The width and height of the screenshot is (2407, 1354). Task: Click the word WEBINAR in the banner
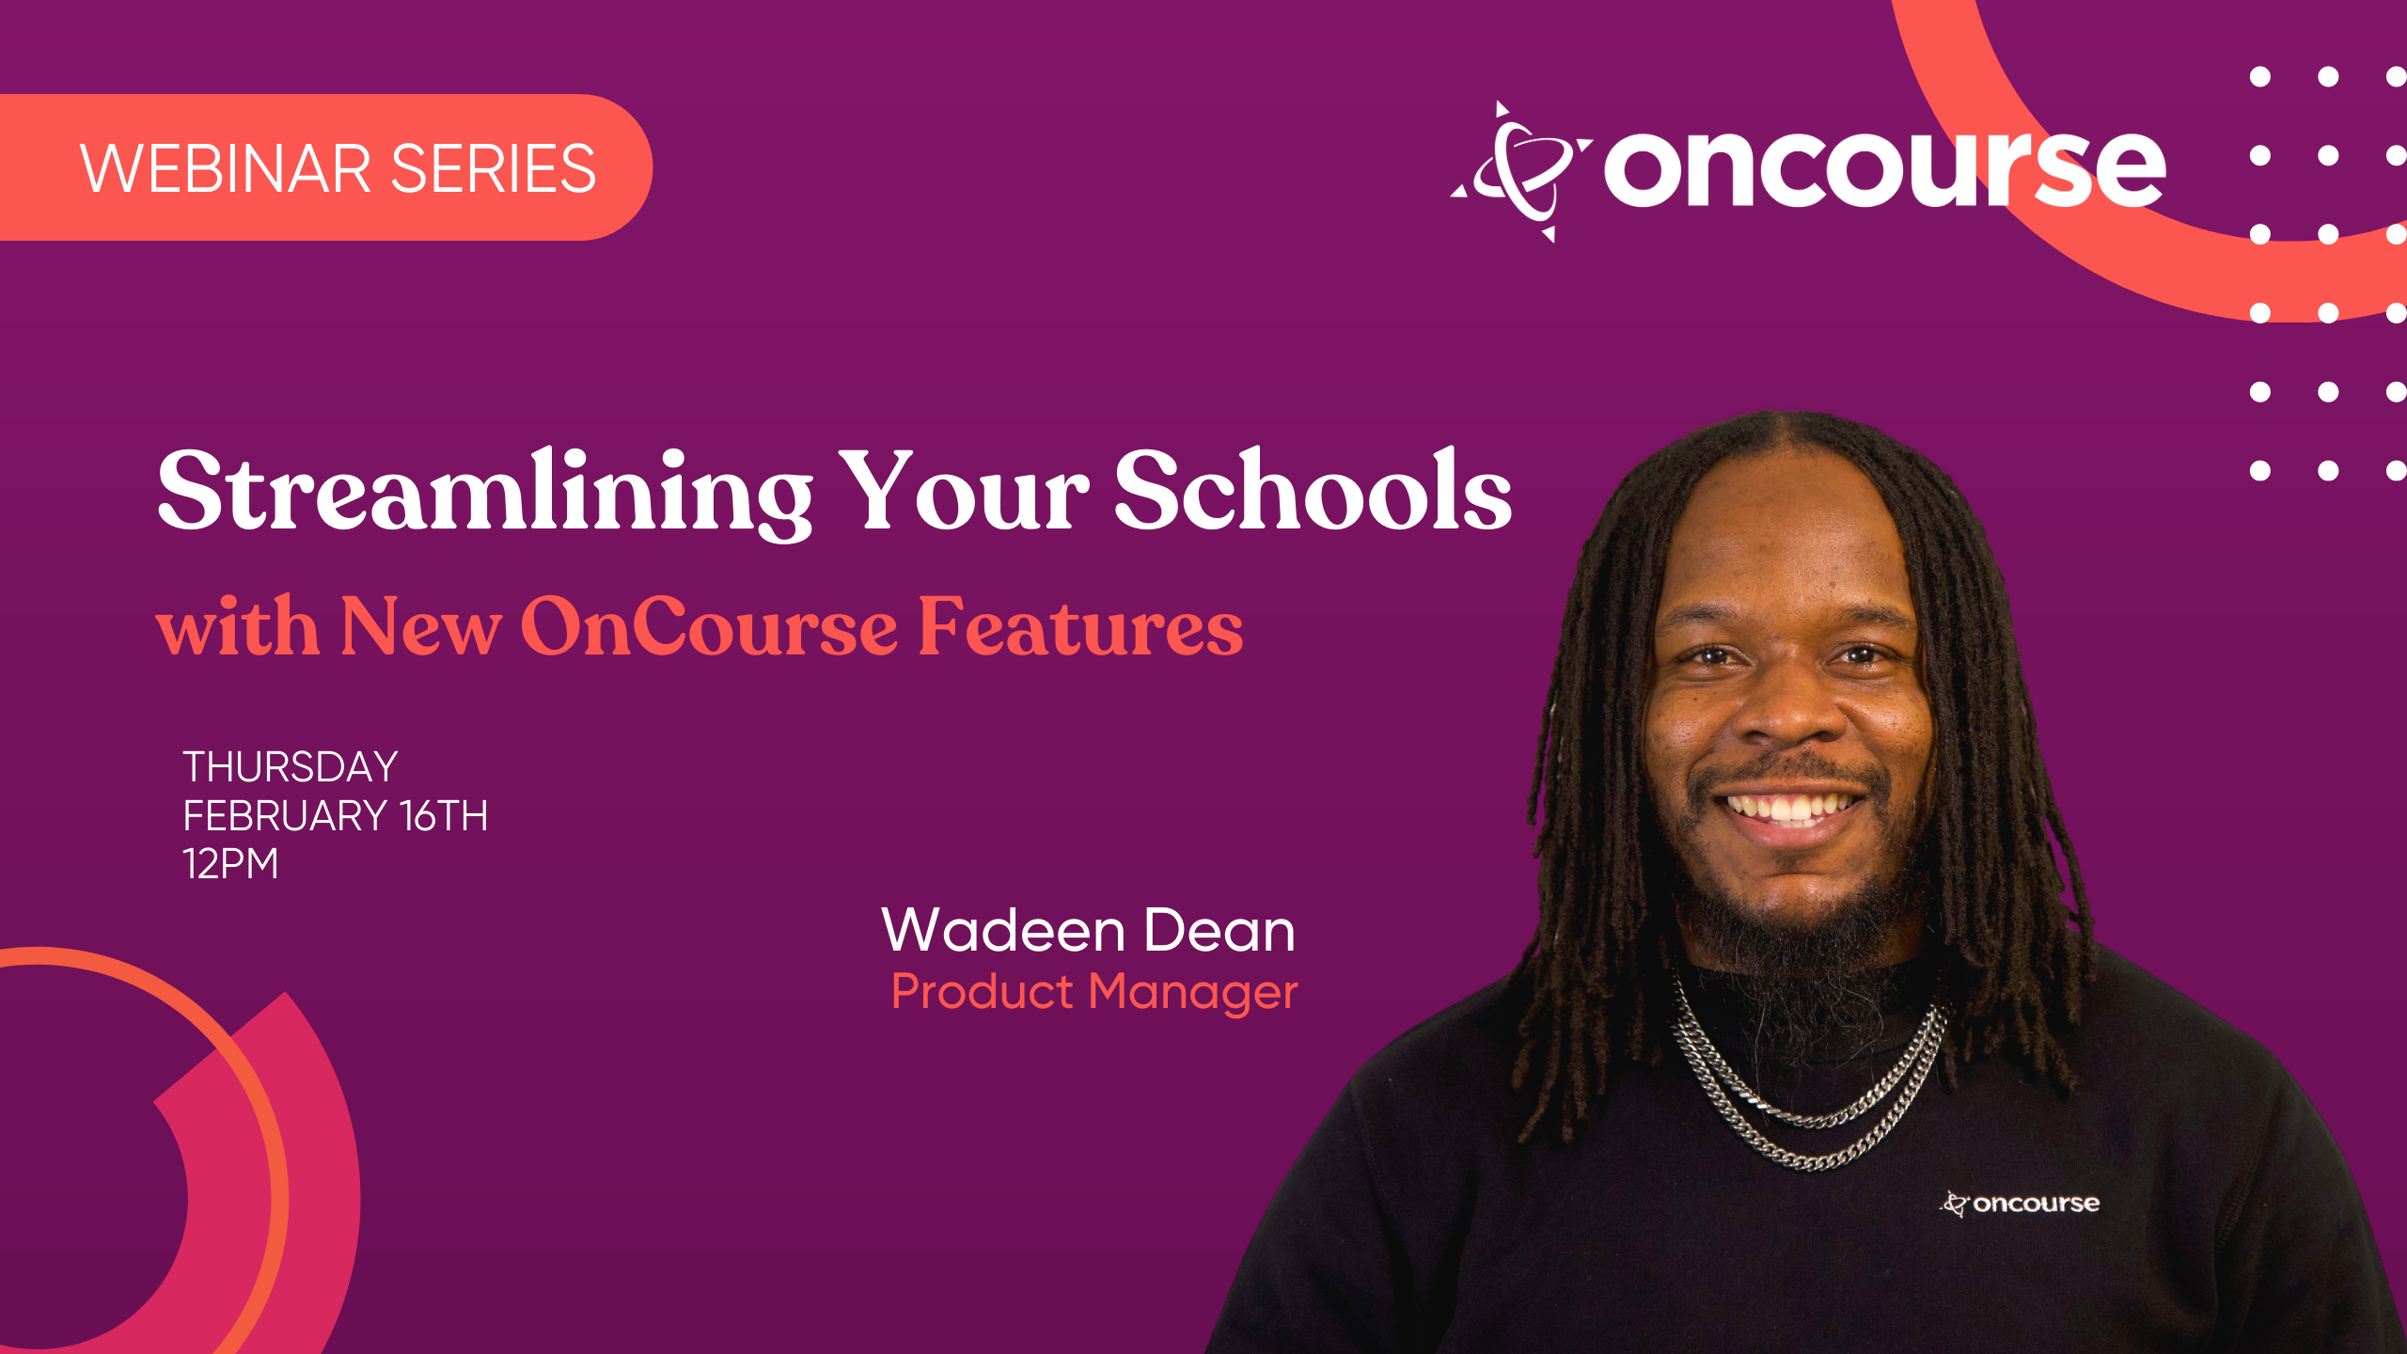[x=227, y=169]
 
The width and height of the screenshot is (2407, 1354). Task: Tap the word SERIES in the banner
[x=494, y=169]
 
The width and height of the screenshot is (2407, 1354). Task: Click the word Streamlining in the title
[x=484, y=493]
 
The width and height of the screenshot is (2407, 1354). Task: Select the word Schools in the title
[x=1313, y=489]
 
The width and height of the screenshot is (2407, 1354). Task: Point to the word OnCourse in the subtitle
[x=709, y=625]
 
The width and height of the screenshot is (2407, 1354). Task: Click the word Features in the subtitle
[x=1080, y=625]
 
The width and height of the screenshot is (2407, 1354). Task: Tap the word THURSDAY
[x=291, y=767]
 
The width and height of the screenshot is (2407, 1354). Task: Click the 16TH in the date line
[x=444, y=815]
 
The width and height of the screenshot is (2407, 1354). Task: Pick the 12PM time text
[x=231, y=863]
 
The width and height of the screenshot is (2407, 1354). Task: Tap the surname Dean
[x=1219, y=930]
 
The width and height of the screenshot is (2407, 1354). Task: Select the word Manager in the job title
[x=1193, y=992]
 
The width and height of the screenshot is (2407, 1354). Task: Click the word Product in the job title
[x=982, y=991]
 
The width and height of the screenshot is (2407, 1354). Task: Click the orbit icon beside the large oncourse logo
[x=1522, y=171]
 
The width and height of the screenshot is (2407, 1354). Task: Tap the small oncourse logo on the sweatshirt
[x=2020, y=1204]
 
